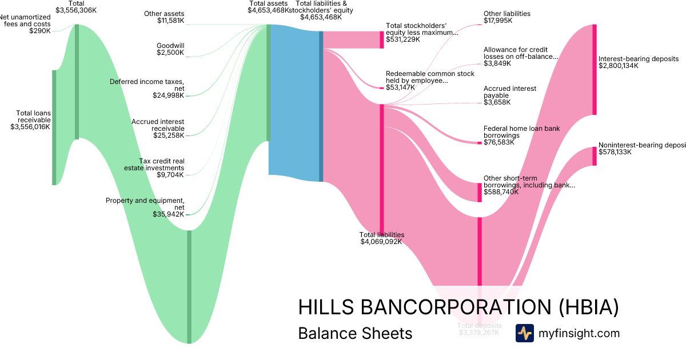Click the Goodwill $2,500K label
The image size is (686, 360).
coord(170,49)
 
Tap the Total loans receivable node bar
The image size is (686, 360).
coord(54,127)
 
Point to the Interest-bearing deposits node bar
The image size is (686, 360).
coord(595,70)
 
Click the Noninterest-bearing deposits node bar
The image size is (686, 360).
coord(595,156)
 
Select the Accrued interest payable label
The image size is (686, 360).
coord(510,95)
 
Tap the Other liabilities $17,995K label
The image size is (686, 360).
coord(506,17)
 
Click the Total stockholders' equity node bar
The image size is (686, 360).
coord(382,39)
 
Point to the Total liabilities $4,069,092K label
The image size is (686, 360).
coord(381,238)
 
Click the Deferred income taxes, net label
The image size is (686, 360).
coord(147,89)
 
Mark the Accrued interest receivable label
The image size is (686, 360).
coord(158,129)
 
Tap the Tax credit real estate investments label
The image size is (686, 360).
coord(154,167)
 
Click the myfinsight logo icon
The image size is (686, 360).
coord(524,333)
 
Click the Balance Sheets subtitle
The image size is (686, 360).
coord(355,333)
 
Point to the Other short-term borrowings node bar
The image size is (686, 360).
coord(480,193)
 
